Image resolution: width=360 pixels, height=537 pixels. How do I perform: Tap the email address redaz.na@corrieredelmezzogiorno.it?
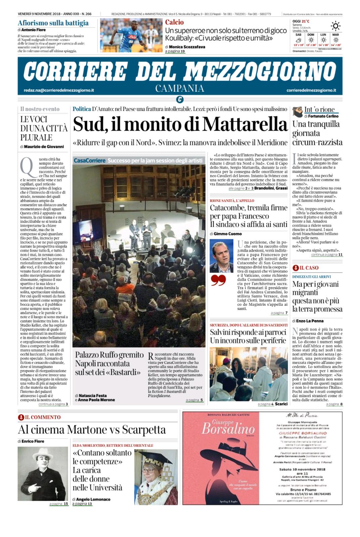pyautogui.click(x=59, y=90)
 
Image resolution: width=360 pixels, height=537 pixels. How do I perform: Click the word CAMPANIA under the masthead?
pyautogui.click(x=180, y=88)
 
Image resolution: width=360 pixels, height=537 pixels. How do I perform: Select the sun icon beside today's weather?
pyautogui.click(x=335, y=26)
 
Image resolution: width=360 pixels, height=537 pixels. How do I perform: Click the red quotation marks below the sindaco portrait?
pyautogui.click(x=218, y=280)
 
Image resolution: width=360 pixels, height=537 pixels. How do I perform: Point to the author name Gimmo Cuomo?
pyautogui.click(x=228, y=234)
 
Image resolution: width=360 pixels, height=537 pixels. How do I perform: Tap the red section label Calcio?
pyautogui.click(x=174, y=22)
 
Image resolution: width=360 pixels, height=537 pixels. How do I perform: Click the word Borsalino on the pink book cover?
pyautogui.click(x=228, y=429)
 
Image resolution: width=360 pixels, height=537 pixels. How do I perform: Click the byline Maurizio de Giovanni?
pyautogui.click(x=44, y=146)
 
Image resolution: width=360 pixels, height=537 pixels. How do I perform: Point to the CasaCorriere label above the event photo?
pyautogui.click(x=89, y=160)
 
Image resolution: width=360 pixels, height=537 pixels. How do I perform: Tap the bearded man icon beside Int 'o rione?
pyautogui.click(x=297, y=111)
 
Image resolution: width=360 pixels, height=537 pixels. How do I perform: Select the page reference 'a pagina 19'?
pyautogui.click(x=175, y=52)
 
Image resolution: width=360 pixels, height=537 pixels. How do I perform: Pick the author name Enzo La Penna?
pyautogui.click(x=310, y=321)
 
